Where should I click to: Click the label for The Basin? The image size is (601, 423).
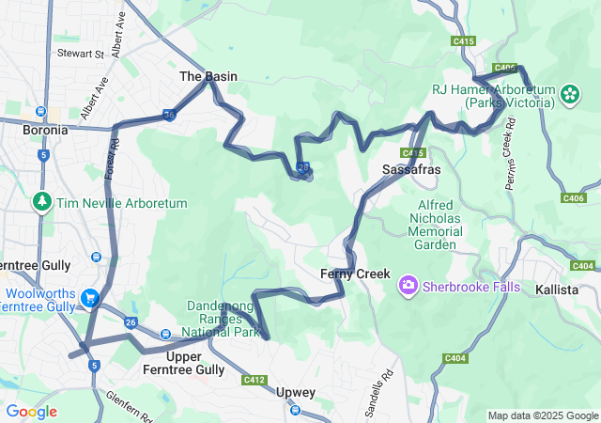click(208, 76)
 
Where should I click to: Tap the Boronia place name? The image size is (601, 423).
click(45, 130)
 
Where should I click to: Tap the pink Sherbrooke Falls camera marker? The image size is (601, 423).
click(408, 284)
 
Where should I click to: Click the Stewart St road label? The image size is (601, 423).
click(79, 55)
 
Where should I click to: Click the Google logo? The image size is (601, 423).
click(31, 412)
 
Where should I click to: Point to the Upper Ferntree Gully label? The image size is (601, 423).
click(194, 363)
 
